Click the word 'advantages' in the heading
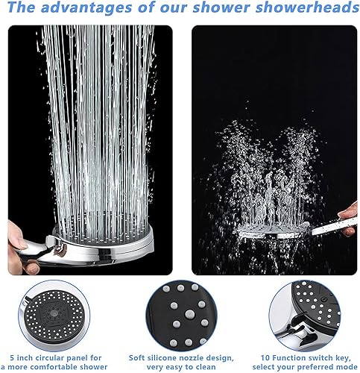coord(86,7)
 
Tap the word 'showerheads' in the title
coord(307,7)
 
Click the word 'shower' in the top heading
coord(221,7)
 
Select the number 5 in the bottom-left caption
coord(12,358)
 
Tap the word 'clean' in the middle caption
coord(205,367)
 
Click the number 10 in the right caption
coord(265,358)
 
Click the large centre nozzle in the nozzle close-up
coord(189,314)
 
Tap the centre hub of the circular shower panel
coord(54,313)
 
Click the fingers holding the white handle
coord(348,219)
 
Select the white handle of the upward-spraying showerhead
coord(334,226)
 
